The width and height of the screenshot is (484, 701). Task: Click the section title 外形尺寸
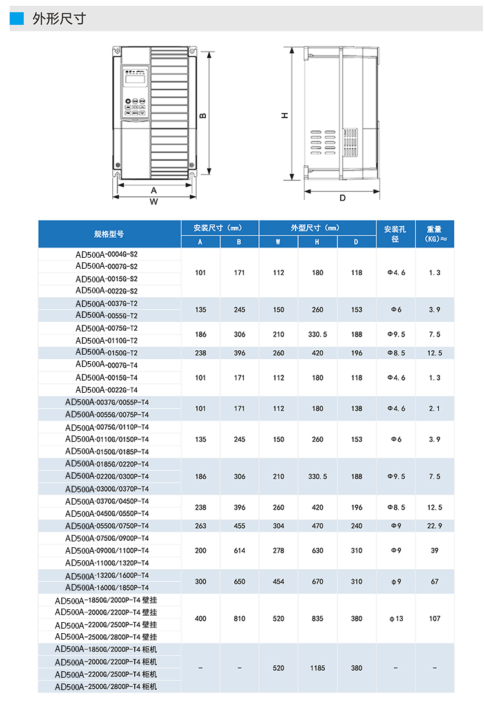tap(59, 19)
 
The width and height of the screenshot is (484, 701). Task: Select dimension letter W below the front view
tap(154, 202)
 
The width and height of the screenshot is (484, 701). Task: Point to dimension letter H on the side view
tap(285, 115)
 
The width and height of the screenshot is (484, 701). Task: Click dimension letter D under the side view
tap(342, 198)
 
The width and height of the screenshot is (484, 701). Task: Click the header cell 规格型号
tap(109, 234)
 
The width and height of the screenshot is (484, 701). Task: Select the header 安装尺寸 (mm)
tap(219, 228)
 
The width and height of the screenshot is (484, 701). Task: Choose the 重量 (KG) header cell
tap(434, 234)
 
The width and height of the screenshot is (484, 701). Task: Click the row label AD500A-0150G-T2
tap(106, 353)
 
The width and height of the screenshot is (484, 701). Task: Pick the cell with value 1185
tap(318, 668)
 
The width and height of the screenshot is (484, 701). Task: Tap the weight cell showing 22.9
tap(434, 526)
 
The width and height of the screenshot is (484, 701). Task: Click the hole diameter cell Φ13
tap(396, 619)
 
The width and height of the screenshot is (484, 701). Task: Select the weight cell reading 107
tap(434, 619)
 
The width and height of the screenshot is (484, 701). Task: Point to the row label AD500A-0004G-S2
tap(106, 254)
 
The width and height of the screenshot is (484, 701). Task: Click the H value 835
tap(318, 619)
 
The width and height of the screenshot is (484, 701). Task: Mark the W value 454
tap(278, 581)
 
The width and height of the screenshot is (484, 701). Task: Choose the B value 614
tap(239, 550)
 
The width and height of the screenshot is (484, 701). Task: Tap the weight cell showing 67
tap(434, 581)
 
